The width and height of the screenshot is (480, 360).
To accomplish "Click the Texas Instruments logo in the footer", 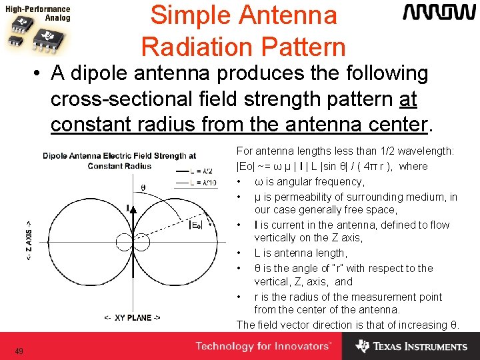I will click(x=411, y=346).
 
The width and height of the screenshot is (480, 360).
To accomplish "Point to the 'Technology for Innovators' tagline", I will click(x=263, y=346).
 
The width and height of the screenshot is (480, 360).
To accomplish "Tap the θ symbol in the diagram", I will click(x=143, y=187).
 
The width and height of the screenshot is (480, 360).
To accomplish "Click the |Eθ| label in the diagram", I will click(x=196, y=225).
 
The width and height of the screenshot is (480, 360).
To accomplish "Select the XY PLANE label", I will click(x=132, y=317).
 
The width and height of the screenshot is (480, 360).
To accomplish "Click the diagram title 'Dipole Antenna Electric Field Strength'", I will click(x=119, y=156).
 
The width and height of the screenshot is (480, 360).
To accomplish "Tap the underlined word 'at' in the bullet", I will click(x=407, y=99).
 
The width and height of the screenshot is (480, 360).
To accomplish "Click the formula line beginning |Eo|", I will click(x=332, y=167).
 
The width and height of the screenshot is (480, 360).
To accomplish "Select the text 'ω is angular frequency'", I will click(x=309, y=181).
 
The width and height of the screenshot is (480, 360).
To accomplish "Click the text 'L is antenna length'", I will click(x=300, y=253).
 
